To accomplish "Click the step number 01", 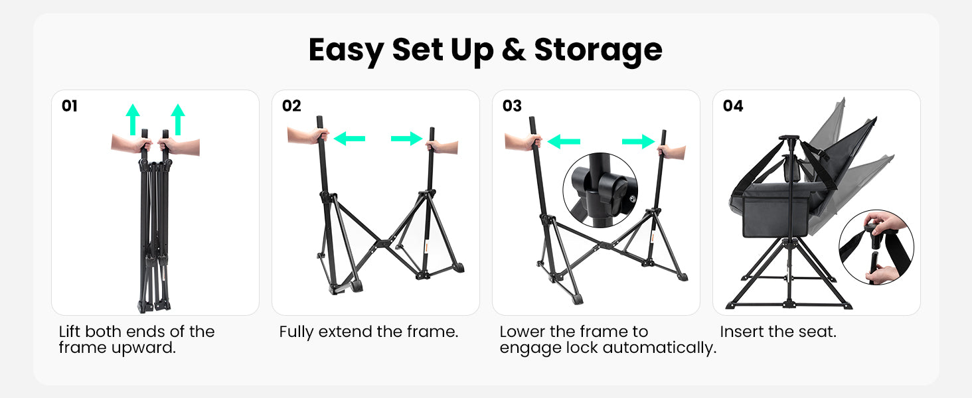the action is point(70,105).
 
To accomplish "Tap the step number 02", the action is point(291,105).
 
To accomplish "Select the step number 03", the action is point(512,105).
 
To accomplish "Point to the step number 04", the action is point(733,105).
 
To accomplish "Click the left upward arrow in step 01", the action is point(133,119).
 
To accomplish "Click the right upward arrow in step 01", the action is point(178,119).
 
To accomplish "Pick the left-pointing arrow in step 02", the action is point(349,139).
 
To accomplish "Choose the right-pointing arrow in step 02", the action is point(406,139).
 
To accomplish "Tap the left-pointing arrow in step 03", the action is point(564,141).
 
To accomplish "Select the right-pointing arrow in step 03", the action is point(638,141).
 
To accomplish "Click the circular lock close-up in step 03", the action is point(600,190).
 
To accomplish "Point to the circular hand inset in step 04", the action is point(876,247).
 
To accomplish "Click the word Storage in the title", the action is point(598,50).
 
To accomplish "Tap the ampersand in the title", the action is point(513,50).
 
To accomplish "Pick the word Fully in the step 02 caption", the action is point(296,332).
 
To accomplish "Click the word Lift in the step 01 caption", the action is point(70,332).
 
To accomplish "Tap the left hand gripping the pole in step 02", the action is point(308,136).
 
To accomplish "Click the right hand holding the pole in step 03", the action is point(672,152).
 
